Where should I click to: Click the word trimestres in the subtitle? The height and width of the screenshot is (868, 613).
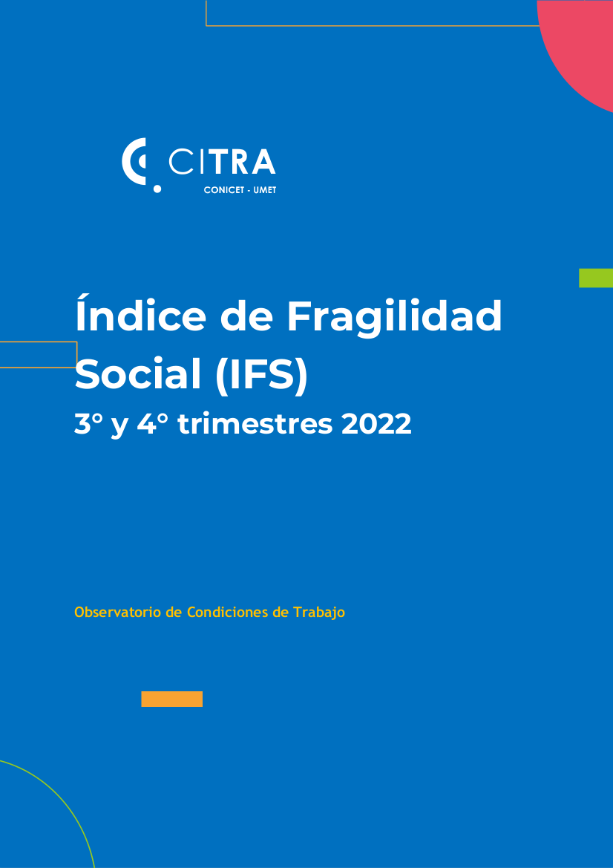coord(255,425)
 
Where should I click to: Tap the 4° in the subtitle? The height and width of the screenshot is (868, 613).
coord(153,425)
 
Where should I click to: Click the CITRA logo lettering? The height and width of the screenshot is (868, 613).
coord(222,161)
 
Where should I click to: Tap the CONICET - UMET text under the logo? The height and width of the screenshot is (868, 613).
coord(240,190)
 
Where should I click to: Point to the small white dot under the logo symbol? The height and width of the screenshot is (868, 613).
coord(157,189)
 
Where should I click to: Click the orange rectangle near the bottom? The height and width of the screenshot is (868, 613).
coord(172,699)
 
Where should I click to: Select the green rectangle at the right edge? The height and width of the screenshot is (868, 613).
coord(596,278)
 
